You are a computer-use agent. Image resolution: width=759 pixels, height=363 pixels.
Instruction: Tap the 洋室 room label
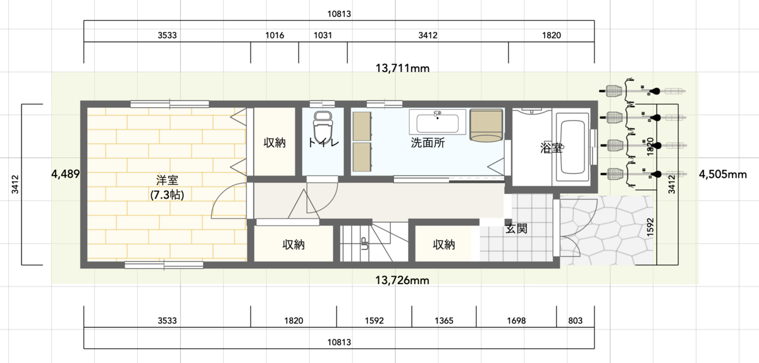click(x=167, y=180)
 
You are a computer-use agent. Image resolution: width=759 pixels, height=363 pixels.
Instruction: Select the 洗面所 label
click(x=428, y=143)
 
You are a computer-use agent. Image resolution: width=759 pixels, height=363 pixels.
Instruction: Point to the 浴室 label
click(x=552, y=148)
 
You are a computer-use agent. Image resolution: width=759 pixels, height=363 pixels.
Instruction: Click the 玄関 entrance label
click(x=516, y=229)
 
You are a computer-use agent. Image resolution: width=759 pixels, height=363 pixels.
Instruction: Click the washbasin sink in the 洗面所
click(x=438, y=122)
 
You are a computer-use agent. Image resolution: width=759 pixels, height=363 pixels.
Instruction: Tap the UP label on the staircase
click(x=364, y=243)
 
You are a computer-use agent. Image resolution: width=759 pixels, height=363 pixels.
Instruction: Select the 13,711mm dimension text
click(x=402, y=68)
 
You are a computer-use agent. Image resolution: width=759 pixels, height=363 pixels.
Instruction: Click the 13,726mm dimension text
click(x=402, y=280)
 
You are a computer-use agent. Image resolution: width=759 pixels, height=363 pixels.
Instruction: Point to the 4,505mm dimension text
click(x=723, y=174)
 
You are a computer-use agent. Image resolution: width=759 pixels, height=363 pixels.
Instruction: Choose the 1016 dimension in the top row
click(x=275, y=35)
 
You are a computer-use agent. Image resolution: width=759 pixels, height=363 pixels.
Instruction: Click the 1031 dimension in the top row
click(x=323, y=35)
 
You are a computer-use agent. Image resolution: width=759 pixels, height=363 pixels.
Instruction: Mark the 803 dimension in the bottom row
click(x=576, y=320)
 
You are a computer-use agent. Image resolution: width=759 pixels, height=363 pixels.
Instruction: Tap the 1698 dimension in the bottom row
click(x=516, y=320)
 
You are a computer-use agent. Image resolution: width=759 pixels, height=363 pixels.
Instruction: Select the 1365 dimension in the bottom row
click(x=444, y=320)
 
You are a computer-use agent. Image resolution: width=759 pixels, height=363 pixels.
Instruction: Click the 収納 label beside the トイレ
click(x=275, y=143)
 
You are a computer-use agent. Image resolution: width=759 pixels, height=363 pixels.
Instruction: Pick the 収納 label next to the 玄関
click(x=444, y=244)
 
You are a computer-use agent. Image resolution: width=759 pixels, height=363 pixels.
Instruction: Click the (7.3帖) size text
click(x=167, y=195)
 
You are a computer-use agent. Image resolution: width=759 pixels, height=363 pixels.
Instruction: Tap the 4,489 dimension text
click(x=65, y=174)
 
